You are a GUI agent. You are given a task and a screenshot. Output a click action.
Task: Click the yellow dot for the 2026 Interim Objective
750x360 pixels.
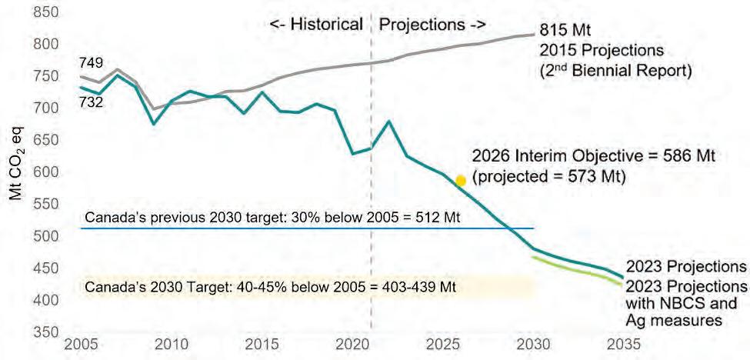pyautogui.click(x=461, y=181)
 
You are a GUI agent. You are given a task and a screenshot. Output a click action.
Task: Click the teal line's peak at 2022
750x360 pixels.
pyautogui.click(x=390, y=122)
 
